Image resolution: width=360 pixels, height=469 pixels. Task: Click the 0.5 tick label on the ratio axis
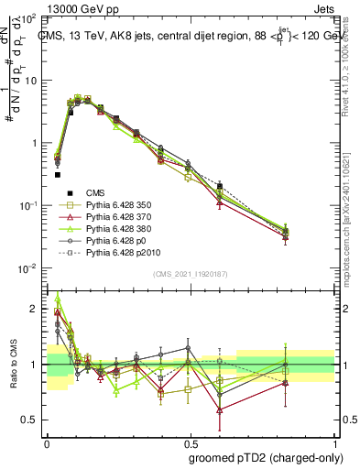[30, 420]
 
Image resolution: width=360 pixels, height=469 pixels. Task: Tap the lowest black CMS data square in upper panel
[57, 174]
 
